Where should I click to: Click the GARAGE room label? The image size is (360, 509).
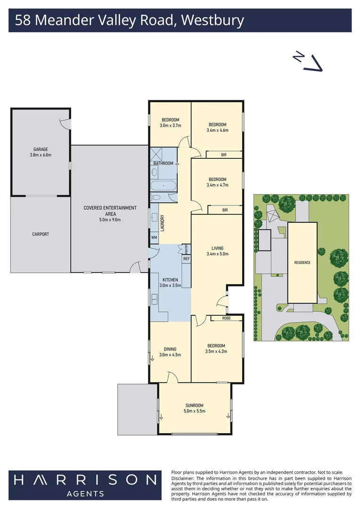pyautogui.click(x=41, y=149)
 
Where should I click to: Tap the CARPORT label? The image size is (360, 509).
pyautogui.click(x=41, y=234)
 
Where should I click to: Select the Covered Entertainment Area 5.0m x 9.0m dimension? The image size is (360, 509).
pyautogui.click(x=110, y=220)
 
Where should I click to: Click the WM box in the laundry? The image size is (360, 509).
pyautogui.click(x=154, y=237)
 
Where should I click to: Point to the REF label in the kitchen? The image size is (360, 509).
pyautogui.click(x=186, y=259)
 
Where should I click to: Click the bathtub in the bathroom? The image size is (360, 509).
pyautogui.click(x=164, y=186)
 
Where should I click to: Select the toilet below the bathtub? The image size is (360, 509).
pyautogui.click(x=156, y=197)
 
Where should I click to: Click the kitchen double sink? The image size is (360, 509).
pyautogui.click(x=154, y=299)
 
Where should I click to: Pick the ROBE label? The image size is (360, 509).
pyautogui.click(x=227, y=318)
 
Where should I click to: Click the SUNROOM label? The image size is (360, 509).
pyautogui.click(x=195, y=405)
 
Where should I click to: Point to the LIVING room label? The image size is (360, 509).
pyautogui.click(x=218, y=248)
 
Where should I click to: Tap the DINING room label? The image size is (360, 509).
pyautogui.click(x=170, y=349)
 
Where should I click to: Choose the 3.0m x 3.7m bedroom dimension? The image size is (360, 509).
pyautogui.click(x=171, y=125)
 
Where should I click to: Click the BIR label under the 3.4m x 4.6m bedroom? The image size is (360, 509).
pyautogui.click(x=224, y=155)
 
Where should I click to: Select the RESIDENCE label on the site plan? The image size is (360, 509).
pyautogui.click(x=302, y=263)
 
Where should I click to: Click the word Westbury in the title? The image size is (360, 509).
pyautogui.click(x=213, y=20)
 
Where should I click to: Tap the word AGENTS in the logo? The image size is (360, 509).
pyautogui.click(x=85, y=494)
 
